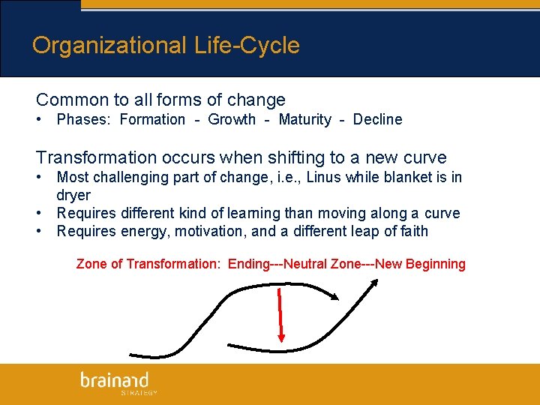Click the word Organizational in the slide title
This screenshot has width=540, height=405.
pyautogui.click(x=109, y=46)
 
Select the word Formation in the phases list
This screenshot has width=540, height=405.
pyautogui.click(x=152, y=120)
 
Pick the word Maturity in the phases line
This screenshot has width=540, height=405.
pyautogui.click(x=304, y=120)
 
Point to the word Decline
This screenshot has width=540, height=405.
pyautogui.click(x=377, y=120)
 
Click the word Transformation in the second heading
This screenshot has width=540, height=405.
pyautogui.click(x=97, y=158)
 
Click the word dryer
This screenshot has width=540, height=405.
pyautogui.click(x=73, y=196)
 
